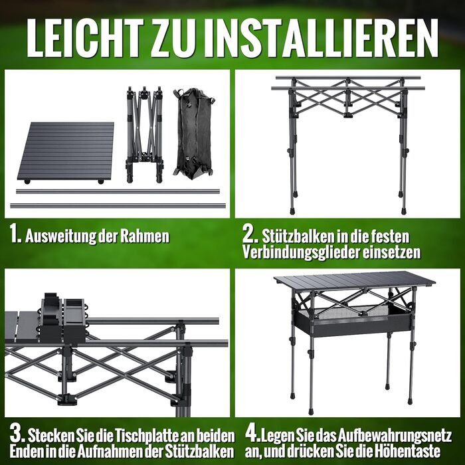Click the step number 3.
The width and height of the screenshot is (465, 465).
[17, 434]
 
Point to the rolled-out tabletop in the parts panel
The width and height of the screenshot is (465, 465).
[66, 153]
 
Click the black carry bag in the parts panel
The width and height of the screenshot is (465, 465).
[194, 134]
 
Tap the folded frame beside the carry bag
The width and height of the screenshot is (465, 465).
[145, 134]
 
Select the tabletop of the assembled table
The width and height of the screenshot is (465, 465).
[355, 280]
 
